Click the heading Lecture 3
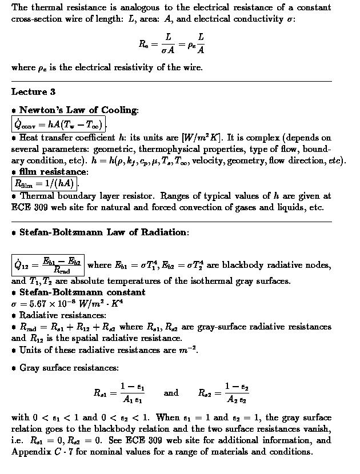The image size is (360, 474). pos(33,92)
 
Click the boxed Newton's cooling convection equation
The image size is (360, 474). pos(59,124)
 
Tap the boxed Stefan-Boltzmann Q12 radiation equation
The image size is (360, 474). pos(49,265)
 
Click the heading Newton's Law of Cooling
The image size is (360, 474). pos(78,110)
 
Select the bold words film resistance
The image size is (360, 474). pos(53,171)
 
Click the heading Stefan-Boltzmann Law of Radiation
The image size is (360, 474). pos(102,232)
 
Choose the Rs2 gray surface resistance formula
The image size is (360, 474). pos(223,392)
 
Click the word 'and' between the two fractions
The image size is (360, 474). pos(171,393)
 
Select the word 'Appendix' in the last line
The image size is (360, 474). pos(30,452)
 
